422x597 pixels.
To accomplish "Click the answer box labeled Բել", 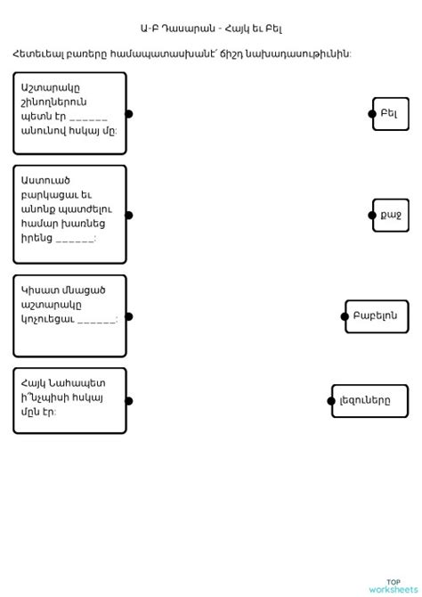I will tap(391, 114).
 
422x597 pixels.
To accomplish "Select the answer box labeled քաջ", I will tap(391, 216).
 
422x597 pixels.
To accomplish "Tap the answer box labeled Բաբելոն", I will tap(378, 316).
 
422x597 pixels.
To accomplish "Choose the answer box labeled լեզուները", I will tap(370, 401).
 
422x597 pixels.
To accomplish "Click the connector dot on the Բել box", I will tap(372, 114).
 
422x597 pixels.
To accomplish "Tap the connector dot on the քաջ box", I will tap(372, 216).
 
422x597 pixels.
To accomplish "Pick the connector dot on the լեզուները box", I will tap(331, 401).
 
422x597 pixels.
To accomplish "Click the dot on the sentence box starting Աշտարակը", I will tap(128, 114).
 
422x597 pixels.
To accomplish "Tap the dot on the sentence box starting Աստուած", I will tap(128, 215).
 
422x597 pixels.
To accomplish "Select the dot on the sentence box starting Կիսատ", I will tap(128, 316).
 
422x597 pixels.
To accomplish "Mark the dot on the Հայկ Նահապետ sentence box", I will tap(128, 401).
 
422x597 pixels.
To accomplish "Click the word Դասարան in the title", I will tap(184, 29).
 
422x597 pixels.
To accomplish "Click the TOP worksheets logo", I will tap(393, 585).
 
